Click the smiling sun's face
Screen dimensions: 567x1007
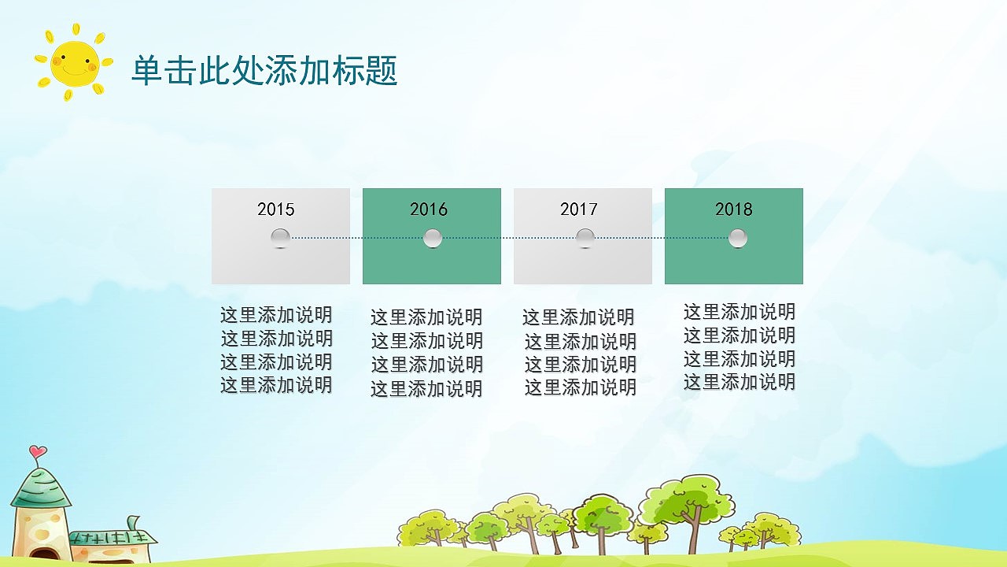coord(74,64)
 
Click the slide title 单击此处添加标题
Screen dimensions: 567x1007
coord(264,71)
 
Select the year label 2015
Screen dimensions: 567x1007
coord(275,209)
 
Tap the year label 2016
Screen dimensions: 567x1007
coord(428,209)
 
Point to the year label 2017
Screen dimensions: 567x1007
coord(579,209)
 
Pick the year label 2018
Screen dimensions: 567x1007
coord(733,209)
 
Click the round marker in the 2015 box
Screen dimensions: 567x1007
coord(281,238)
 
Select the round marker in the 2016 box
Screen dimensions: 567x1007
coord(433,238)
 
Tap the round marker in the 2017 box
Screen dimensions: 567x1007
coord(585,238)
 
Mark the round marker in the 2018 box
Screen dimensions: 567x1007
coord(737,238)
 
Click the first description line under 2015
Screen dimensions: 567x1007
coord(276,315)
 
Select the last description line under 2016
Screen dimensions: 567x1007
coord(426,388)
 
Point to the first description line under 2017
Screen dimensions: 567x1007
coord(578,317)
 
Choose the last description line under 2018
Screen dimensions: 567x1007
coord(740,382)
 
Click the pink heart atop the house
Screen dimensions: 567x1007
coord(37,452)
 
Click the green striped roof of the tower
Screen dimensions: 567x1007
coord(41,488)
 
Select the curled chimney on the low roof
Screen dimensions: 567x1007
coord(135,522)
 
